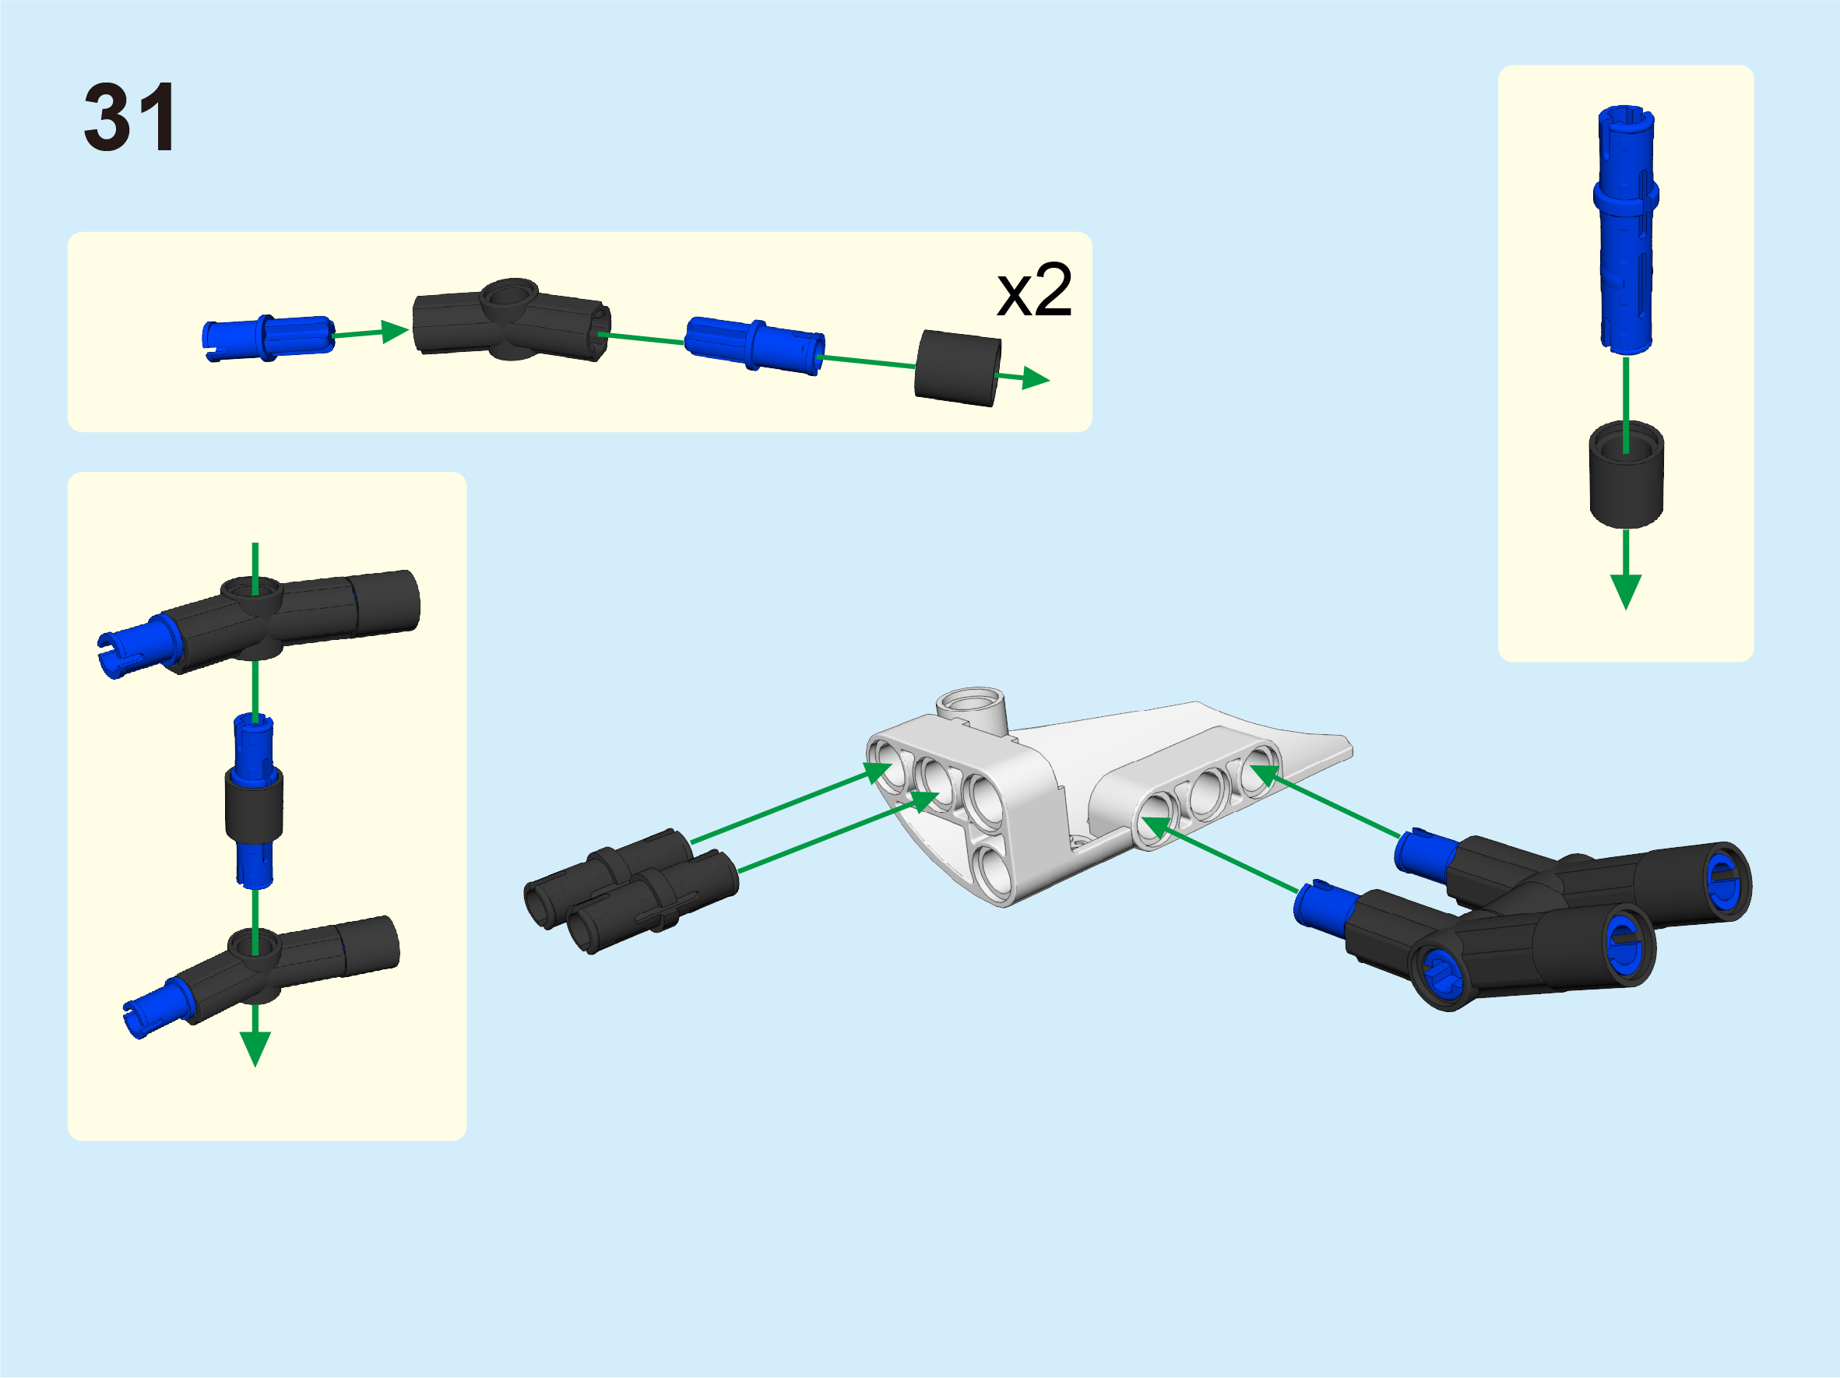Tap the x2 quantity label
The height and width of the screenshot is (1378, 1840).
coord(1034,290)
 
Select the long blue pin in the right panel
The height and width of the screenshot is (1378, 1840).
coord(1625,230)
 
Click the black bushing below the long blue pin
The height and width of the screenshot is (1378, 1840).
coord(1626,475)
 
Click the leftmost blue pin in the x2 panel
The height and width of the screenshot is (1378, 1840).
coord(268,338)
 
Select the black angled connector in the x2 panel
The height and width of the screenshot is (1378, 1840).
coord(512,320)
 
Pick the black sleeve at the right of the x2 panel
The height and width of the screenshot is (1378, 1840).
coord(958,368)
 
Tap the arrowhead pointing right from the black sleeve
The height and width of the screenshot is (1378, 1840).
coord(1036,378)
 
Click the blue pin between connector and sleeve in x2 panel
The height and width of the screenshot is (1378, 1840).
coord(754,345)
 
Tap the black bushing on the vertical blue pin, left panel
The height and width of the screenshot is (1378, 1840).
coord(255,804)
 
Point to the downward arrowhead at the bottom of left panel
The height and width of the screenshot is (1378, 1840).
coord(255,1049)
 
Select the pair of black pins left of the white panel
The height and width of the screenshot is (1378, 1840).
coord(632,891)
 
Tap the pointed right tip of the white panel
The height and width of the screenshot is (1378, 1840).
coord(1349,751)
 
